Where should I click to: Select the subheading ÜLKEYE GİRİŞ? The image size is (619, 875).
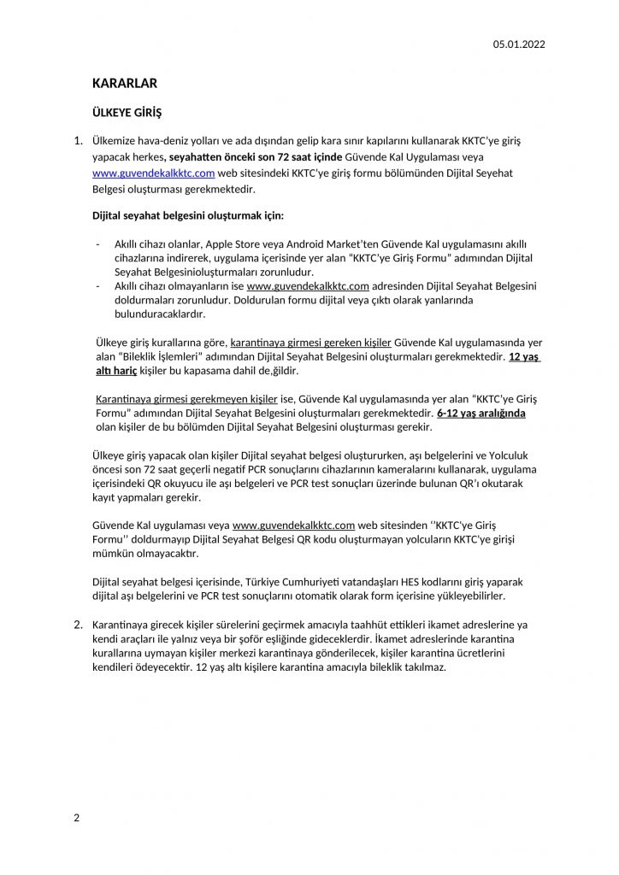[127, 113]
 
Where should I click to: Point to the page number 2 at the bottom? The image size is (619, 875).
[77, 818]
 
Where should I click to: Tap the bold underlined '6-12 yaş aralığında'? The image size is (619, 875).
[480, 414]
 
